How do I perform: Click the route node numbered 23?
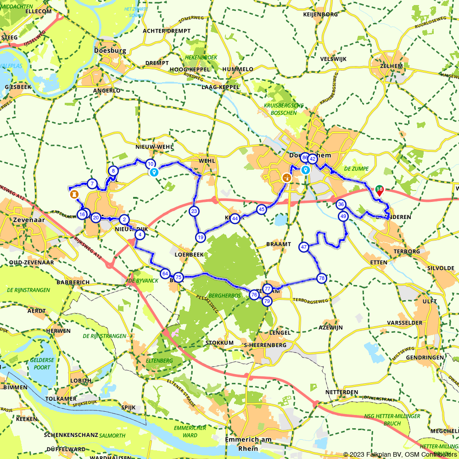click(x=194, y=211)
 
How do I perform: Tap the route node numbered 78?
click(x=321, y=278)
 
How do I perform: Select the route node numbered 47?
click(x=303, y=247)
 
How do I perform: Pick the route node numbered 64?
click(x=165, y=274)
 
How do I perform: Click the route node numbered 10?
click(x=150, y=164)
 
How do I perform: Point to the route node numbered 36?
click(x=341, y=205)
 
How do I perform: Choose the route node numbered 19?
click(x=201, y=237)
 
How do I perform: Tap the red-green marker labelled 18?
click(x=379, y=190)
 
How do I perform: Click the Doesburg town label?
click(x=110, y=51)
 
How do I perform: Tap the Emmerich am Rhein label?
click(x=248, y=443)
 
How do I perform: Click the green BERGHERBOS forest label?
click(x=224, y=296)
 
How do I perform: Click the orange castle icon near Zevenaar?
click(x=73, y=195)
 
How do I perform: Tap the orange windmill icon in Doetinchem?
click(x=286, y=177)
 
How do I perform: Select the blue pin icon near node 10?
click(x=154, y=173)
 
